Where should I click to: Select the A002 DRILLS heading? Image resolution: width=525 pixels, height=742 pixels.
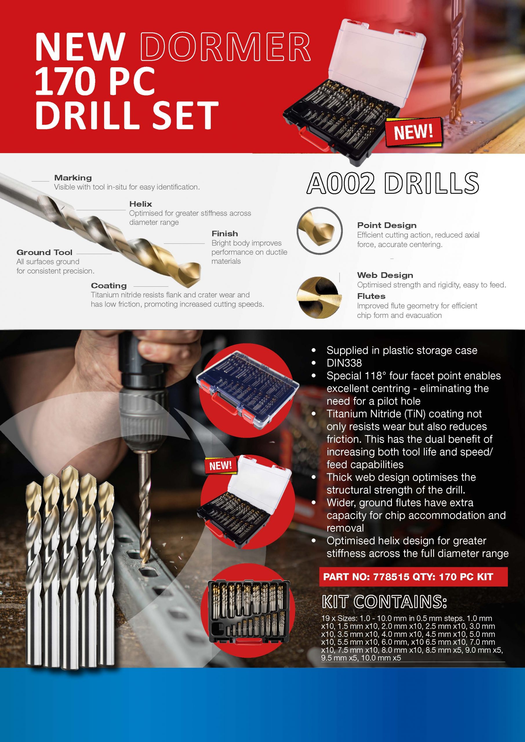coord(393,183)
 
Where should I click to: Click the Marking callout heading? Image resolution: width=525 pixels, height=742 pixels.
coord(73,177)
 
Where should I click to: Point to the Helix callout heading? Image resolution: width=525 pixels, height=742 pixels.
coord(141,204)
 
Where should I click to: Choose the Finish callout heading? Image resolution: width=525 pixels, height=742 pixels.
coord(225,233)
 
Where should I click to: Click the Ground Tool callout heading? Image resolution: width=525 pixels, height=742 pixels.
coord(44,252)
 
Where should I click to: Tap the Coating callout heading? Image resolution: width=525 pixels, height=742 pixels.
coord(109,285)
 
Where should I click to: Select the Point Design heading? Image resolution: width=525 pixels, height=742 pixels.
coord(387,225)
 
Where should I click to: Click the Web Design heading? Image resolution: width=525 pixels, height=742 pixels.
coord(385,275)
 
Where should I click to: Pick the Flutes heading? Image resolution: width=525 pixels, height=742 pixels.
coord(371,296)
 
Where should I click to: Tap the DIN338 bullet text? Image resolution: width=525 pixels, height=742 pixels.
coord(344,363)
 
